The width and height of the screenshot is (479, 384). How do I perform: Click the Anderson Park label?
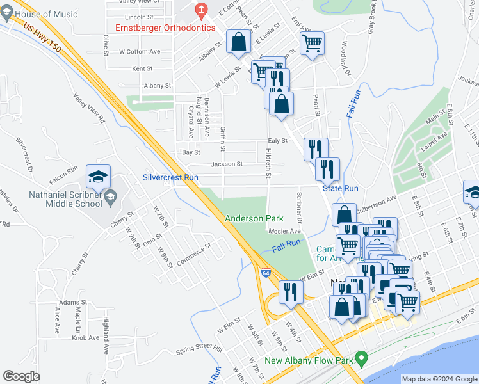[254, 218]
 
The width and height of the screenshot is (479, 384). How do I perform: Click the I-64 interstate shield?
[265, 272]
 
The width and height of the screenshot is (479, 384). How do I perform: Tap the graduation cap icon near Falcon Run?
[99, 176]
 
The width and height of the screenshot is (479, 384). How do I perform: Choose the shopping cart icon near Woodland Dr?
[312, 44]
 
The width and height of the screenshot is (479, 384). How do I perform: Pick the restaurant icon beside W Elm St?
[291, 292]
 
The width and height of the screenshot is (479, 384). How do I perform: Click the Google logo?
[21, 376]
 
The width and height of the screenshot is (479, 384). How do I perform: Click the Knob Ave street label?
[86, 337]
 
